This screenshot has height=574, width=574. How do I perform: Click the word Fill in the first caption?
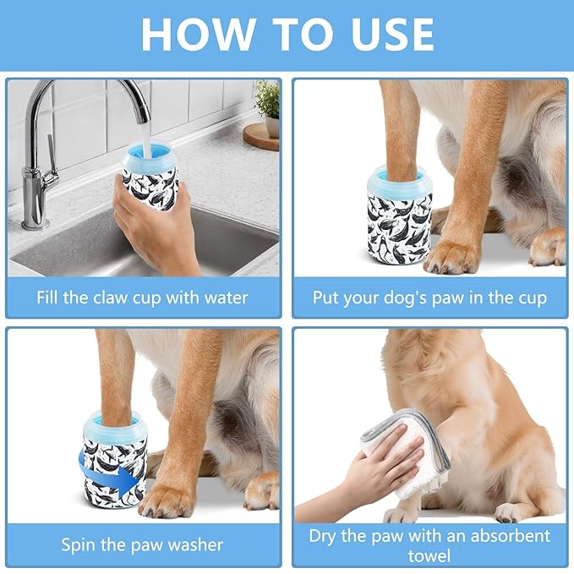[49, 298]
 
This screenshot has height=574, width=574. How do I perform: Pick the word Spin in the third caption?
[79, 544]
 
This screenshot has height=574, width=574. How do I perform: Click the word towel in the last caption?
[429, 555]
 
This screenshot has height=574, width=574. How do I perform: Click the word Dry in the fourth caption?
[325, 535]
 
